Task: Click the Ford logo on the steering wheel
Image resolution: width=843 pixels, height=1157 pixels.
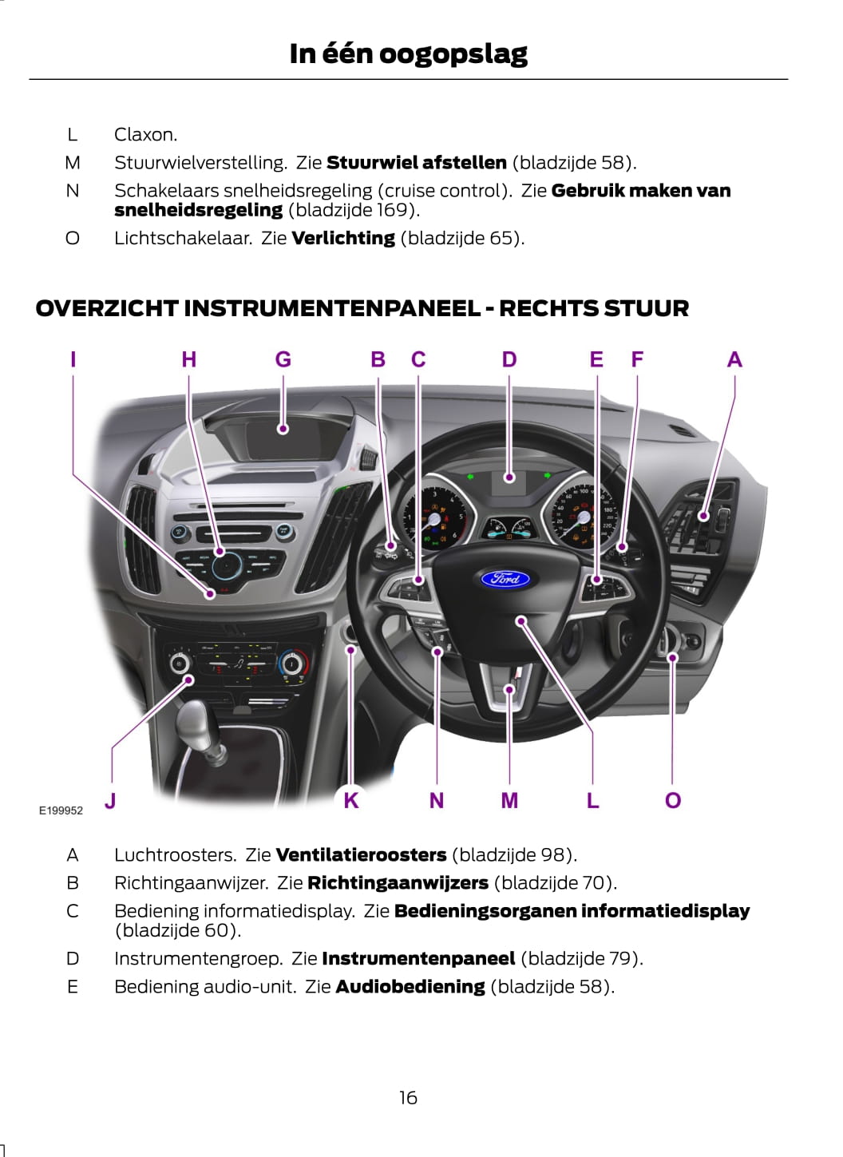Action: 505,578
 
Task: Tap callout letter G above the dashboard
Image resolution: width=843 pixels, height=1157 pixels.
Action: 283,360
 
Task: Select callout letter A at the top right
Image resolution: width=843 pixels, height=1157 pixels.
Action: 734,360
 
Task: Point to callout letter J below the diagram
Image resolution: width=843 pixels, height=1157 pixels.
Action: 110,800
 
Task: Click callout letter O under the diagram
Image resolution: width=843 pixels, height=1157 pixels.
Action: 673,800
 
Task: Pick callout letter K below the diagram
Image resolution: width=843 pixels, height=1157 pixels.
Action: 351,800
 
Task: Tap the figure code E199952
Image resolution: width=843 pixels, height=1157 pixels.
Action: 61,810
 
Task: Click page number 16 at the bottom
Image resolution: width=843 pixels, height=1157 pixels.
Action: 408,1098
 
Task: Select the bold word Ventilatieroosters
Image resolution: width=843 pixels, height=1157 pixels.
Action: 361,855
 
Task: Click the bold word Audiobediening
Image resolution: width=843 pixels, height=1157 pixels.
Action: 410,987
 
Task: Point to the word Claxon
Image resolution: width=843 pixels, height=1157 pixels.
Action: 145,134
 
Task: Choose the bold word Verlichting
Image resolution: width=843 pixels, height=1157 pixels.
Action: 343,238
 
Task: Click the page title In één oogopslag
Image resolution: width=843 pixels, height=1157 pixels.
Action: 408,53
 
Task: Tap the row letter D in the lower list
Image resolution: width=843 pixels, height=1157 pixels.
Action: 73,959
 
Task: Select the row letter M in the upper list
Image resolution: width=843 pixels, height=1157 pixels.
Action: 73,163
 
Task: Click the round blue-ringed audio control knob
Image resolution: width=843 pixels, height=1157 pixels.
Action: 227,565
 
